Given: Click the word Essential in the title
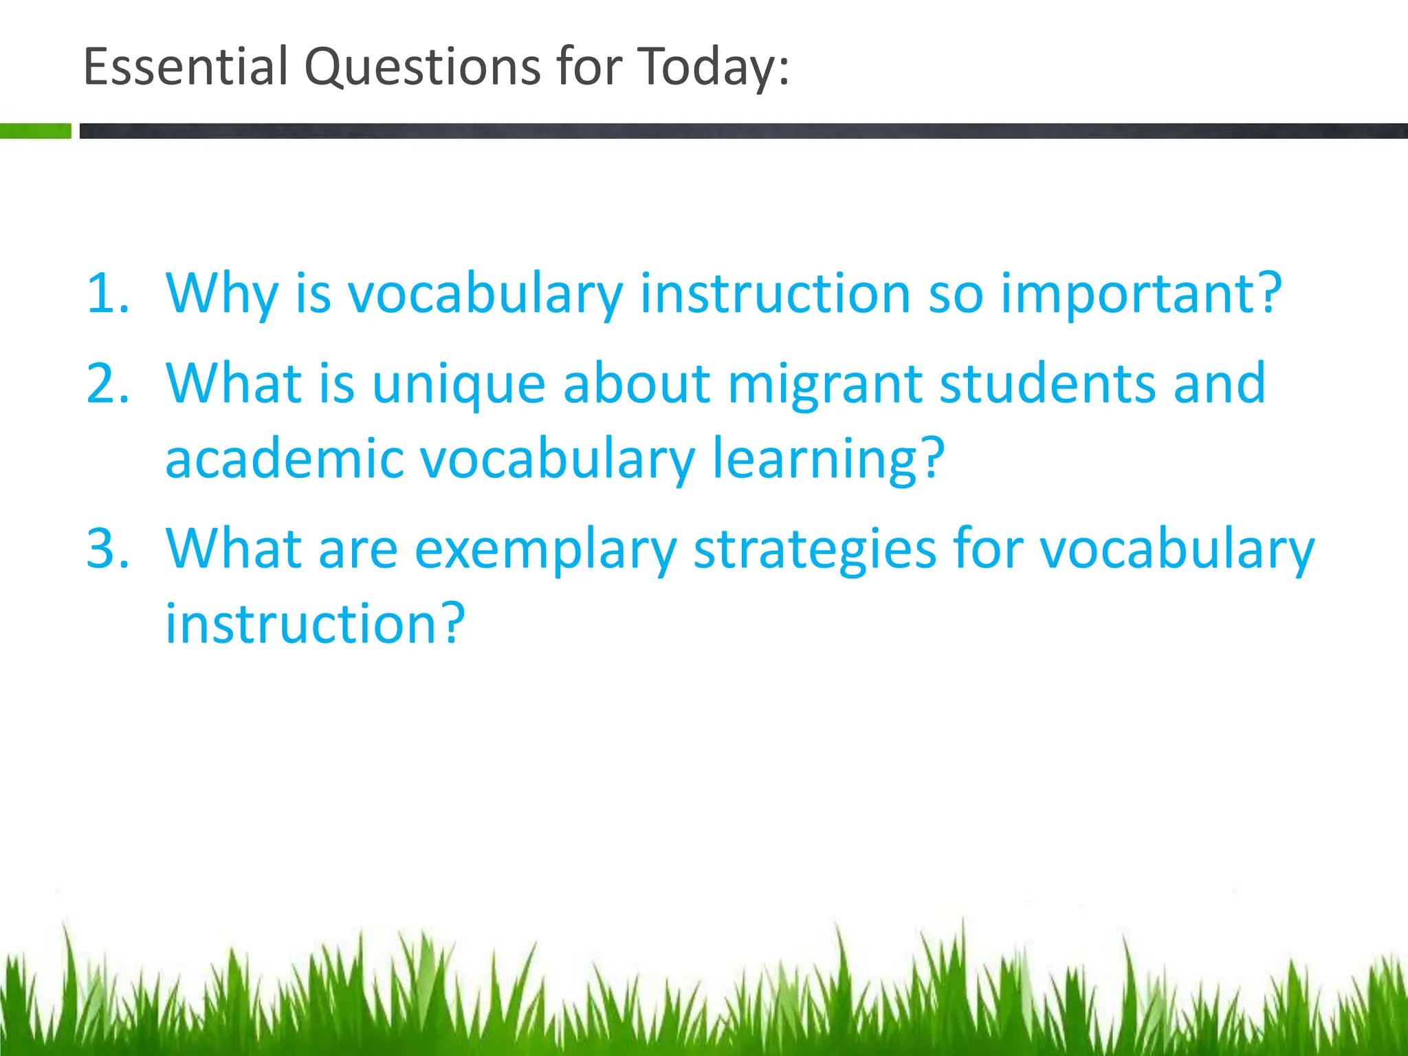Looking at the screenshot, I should [x=185, y=67].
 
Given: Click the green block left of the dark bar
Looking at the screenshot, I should [x=35, y=131].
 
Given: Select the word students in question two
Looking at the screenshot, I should [x=1048, y=384].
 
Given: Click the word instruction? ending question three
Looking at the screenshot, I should [x=316, y=624].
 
